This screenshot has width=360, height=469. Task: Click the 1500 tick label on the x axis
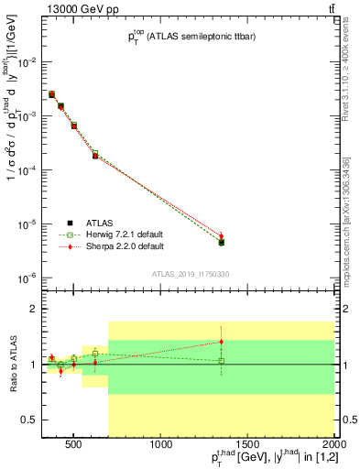tap(247, 446)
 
